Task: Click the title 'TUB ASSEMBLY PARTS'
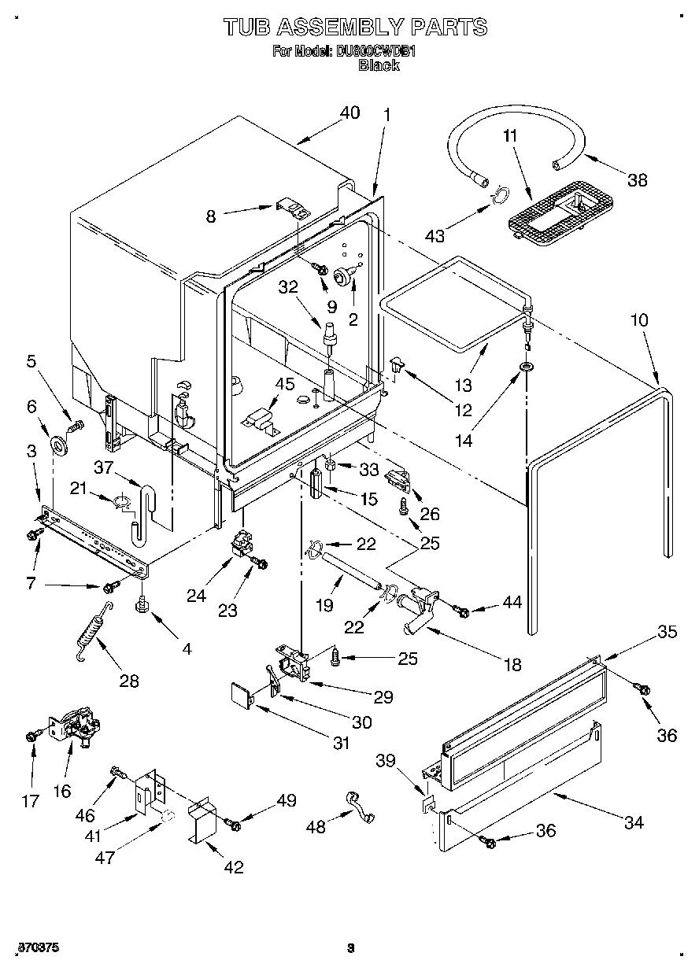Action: (355, 27)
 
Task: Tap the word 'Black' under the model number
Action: (379, 65)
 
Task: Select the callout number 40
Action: (349, 113)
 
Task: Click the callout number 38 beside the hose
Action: (637, 179)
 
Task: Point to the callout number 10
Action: (639, 321)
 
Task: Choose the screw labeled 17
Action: (31, 735)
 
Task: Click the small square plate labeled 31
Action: (239, 693)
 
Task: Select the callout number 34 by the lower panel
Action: (633, 822)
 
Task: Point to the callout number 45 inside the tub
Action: (284, 384)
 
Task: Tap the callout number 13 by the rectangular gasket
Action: (463, 385)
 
